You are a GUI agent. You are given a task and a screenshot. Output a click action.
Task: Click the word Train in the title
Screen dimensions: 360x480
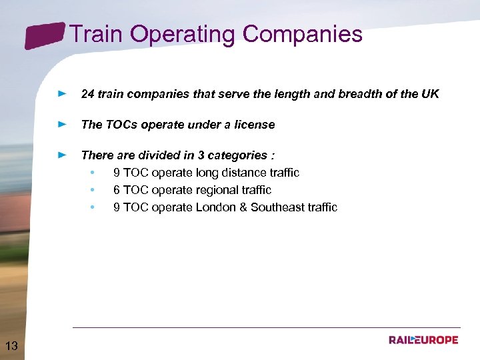[x=93, y=34]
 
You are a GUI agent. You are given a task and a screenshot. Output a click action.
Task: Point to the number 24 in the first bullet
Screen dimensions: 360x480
[x=87, y=94]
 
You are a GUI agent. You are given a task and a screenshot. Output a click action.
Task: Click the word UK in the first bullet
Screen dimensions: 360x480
[x=430, y=94]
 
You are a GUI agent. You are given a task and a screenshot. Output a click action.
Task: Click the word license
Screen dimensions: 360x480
[x=254, y=125]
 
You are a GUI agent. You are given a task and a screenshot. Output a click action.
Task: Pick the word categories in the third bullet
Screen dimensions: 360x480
[x=237, y=155]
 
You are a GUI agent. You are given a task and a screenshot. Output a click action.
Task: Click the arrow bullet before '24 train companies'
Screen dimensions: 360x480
[x=62, y=94]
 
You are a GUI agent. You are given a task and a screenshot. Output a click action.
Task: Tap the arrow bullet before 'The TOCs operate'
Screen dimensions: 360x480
[x=62, y=125]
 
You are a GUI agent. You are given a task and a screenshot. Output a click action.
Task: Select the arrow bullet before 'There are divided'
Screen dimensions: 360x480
[x=62, y=155]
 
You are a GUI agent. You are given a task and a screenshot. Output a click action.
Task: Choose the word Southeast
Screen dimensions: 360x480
[x=276, y=207]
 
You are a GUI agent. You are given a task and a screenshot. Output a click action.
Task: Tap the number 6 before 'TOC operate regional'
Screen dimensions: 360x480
[x=117, y=190]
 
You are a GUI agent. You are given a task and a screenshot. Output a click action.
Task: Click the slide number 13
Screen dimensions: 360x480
[x=11, y=345]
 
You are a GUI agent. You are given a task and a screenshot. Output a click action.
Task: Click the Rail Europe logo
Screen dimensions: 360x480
[x=424, y=340]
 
